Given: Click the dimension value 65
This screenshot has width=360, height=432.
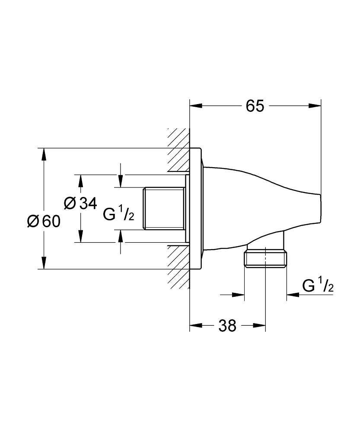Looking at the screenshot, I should pyautogui.click(x=255, y=105).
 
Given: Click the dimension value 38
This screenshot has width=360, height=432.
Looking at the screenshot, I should pyautogui.click(x=227, y=325).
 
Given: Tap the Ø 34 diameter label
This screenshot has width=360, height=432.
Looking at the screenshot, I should pyautogui.click(x=80, y=203).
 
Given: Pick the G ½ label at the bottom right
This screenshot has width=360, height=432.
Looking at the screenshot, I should pyautogui.click(x=318, y=286).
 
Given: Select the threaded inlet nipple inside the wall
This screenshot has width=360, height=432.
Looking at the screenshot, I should pyautogui.click(x=164, y=209).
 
